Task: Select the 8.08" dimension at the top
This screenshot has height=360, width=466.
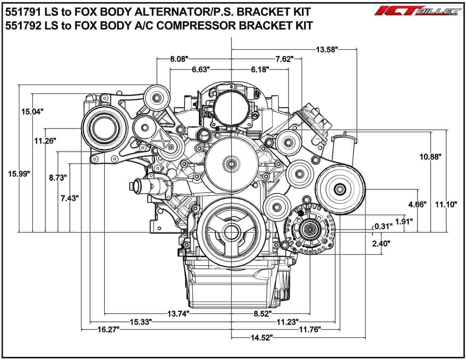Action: pyautogui.click(x=179, y=59)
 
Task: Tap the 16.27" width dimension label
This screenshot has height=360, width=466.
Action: pyautogui.click(x=108, y=330)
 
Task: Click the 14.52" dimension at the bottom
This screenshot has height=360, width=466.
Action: pyautogui.click(x=260, y=338)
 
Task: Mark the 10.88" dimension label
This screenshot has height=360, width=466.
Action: pyautogui.click(x=430, y=157)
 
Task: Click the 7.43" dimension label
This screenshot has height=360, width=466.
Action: pyautogui.click(x=70, y=198)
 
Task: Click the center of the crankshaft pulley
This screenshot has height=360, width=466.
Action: pyautogui.click(x=231, y=233)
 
